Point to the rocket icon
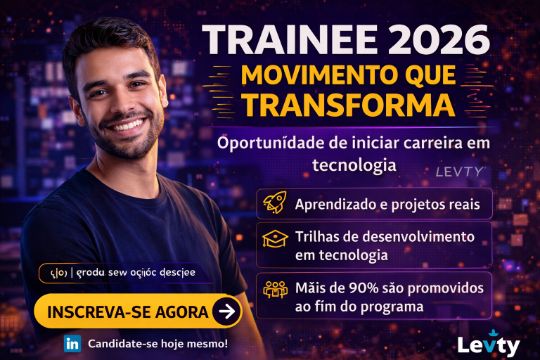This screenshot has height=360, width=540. (x=274, y=203)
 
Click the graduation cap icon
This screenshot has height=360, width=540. (x=275, y=240)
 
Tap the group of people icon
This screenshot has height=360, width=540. (x=275, y=290)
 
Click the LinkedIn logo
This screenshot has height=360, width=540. (x=72, y=344)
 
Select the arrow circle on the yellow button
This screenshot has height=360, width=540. (x=226, y=311)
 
